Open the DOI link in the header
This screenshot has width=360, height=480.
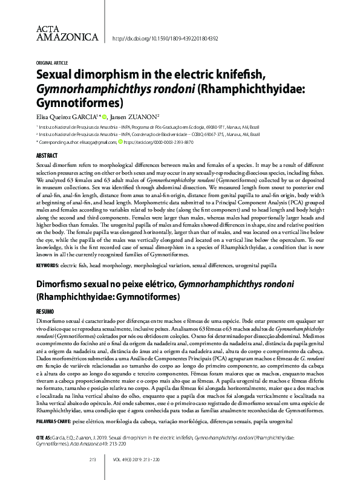tap(165, 39)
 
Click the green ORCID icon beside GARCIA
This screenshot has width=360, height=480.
tap(104, 117)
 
